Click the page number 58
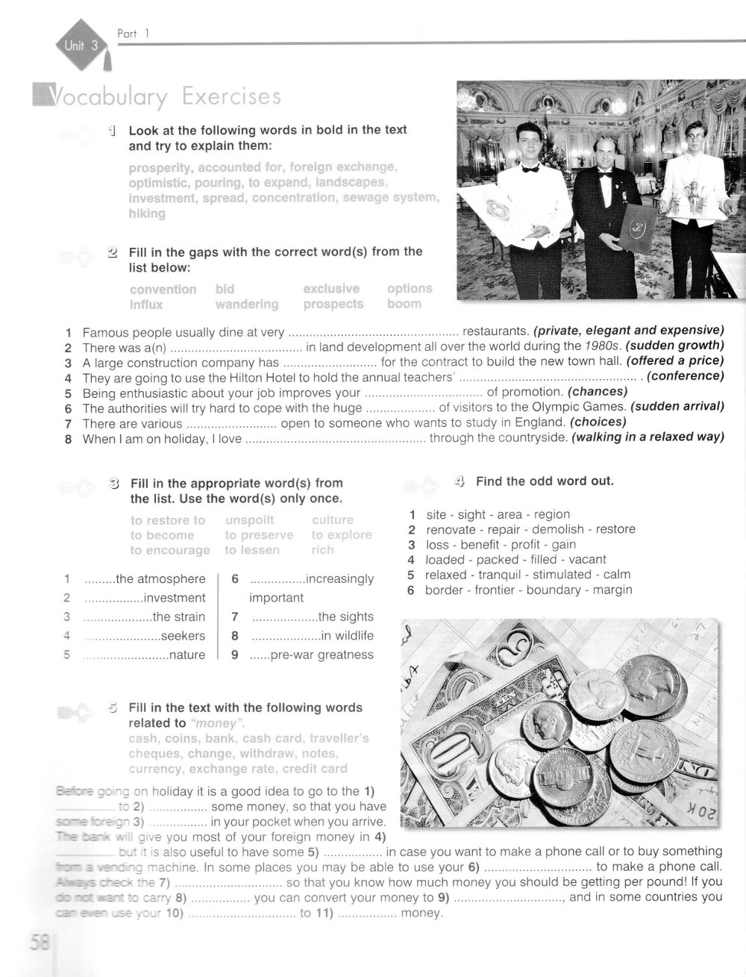click(37, 942)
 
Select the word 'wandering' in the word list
click(247, 305)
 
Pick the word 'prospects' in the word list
click(333, 304)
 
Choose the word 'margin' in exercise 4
click(612, 590)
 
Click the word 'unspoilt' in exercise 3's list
click(249, 519)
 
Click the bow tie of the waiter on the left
click(530, 169)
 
